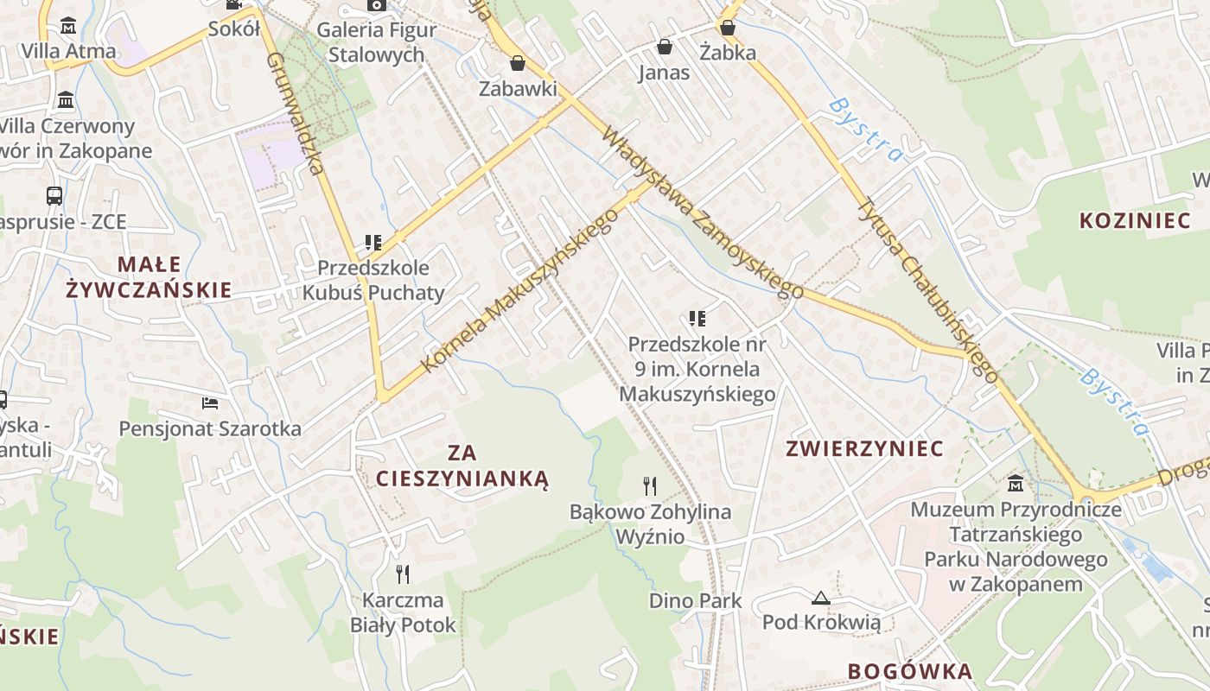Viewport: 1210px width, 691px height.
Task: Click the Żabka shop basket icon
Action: (728, 28)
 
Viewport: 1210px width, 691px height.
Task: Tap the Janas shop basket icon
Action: (665, 47)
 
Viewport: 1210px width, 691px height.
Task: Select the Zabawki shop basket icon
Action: (517, 63)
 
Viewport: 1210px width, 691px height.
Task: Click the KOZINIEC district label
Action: (1135, 220)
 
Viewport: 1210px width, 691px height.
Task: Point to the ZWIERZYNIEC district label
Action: (864, 448)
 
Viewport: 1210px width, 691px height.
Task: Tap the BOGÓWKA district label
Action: (910, 671)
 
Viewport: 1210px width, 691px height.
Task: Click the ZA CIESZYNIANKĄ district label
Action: (462, 465)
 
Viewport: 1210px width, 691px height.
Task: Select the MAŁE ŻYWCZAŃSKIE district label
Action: (150, 276)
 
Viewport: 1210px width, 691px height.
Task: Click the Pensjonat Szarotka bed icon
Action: (210, 403)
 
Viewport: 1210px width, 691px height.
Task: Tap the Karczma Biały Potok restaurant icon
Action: (402, 574)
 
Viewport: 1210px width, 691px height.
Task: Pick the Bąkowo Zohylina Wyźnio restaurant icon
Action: (650, 485)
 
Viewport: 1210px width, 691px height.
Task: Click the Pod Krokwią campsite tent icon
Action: (820, 597)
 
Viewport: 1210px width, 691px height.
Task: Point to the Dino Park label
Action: (695, 600)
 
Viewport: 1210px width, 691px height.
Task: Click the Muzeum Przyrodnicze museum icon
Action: (1016, 484)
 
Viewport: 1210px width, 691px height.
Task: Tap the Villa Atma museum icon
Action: (68, 24)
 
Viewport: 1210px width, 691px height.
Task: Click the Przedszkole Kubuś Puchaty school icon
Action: (373, 243)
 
